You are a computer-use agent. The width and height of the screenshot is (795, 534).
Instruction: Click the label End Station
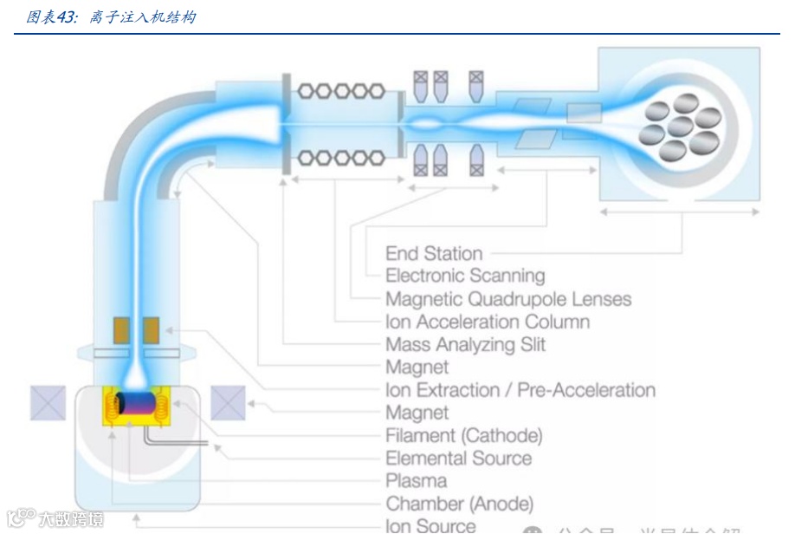click(x=434, y=254)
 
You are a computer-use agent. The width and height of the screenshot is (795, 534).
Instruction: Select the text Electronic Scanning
click(x=465, y=277)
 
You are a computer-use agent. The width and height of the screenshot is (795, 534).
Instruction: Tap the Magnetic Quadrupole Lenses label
click(x=508, y=299)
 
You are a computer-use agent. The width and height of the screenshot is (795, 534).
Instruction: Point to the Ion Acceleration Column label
click(x=488, y=322)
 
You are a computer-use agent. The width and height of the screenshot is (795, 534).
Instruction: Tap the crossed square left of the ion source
click(x=48, y=403)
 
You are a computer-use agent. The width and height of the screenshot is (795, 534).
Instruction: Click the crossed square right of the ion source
click(x=228, y=403)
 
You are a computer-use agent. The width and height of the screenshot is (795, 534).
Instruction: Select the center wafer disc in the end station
click(x=680, y=127)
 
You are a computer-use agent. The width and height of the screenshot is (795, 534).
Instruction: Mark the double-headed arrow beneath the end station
click(x=680, y=212)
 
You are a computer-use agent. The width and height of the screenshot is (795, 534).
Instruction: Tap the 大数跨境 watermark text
click(x=69, y=519)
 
